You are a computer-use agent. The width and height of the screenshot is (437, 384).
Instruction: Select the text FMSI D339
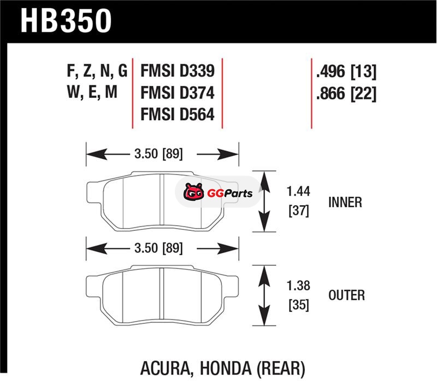176,72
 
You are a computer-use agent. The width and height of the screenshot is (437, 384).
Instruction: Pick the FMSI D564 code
176,115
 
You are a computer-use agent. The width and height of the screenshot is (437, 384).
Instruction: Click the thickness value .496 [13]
346,72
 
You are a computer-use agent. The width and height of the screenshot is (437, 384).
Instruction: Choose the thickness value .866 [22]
346,94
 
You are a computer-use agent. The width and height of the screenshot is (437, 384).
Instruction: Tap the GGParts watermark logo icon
192,193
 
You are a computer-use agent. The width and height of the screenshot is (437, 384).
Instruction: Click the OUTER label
346,295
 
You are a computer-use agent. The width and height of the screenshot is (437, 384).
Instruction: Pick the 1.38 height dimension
298,286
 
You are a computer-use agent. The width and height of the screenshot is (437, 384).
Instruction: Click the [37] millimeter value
298,211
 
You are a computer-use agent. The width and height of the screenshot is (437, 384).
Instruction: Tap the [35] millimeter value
298,305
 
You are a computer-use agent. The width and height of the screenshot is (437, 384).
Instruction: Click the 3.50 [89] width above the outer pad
158,249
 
